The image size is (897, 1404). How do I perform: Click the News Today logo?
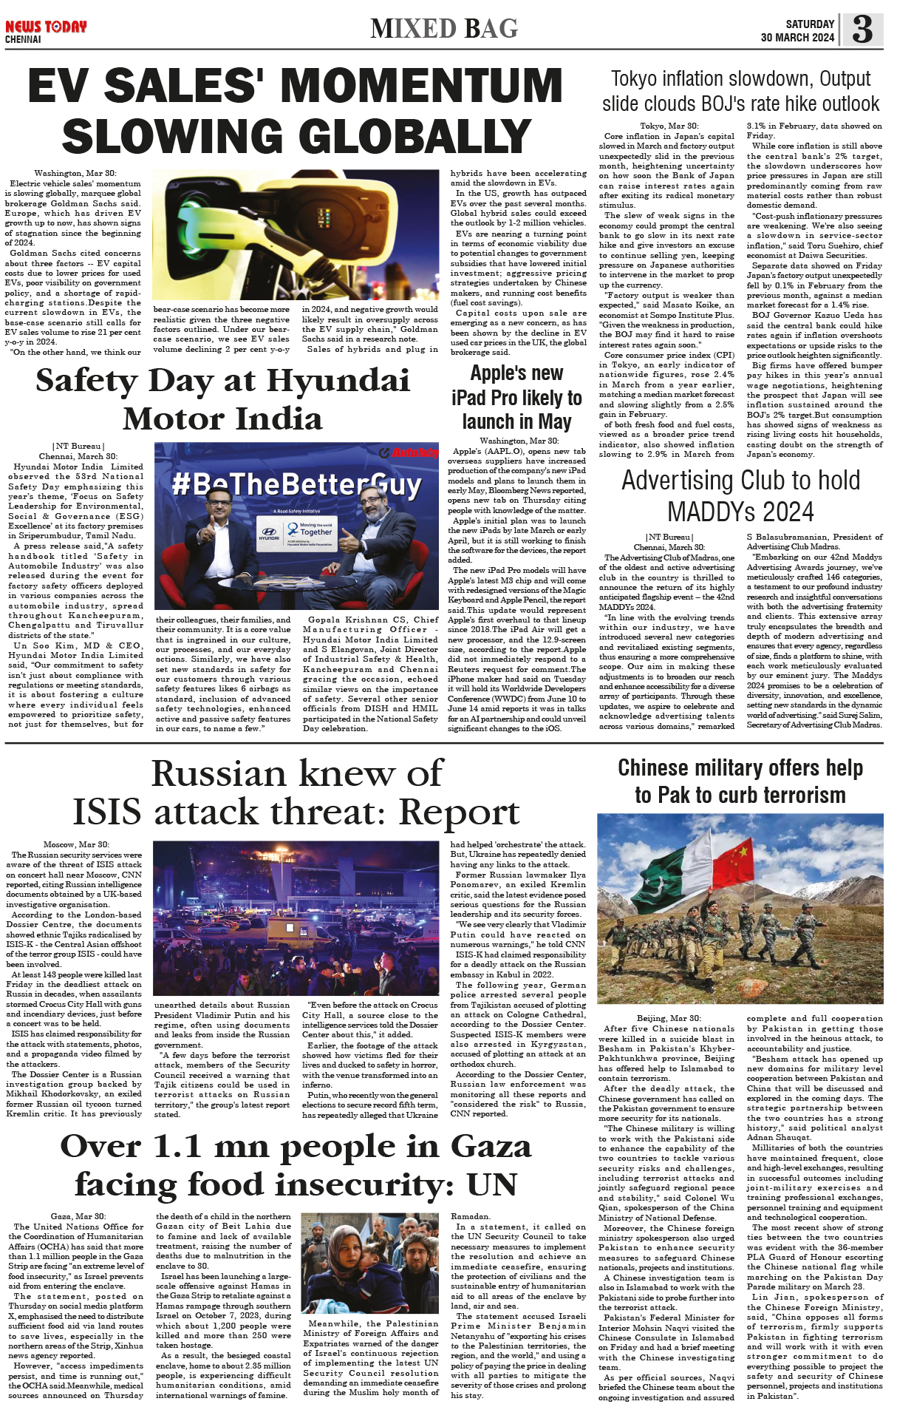click(46, 27)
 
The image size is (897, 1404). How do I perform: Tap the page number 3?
click(862, 30)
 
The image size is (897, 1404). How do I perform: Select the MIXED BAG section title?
click(444, 29)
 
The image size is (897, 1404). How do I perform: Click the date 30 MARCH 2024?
click(797, 38)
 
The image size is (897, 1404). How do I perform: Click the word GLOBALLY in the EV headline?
click(297, 137)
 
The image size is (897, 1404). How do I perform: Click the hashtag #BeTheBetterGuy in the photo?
click(296, 485)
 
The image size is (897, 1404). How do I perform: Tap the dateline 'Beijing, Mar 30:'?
click(669, 1018)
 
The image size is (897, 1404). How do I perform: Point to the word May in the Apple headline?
click(555, 422)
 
